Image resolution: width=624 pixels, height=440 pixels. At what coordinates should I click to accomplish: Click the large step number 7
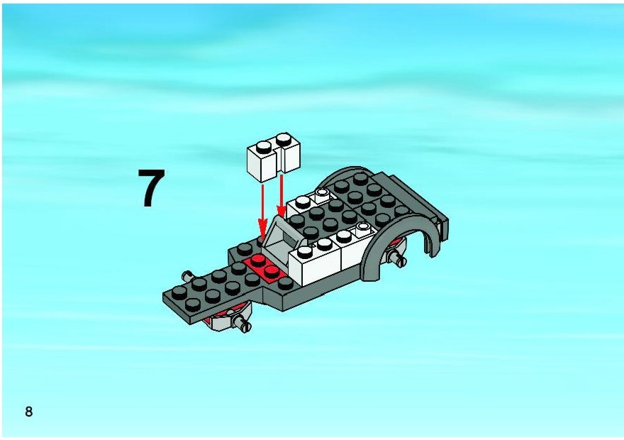point(151,188)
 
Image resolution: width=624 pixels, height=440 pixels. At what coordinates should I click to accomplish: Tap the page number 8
point(28,412)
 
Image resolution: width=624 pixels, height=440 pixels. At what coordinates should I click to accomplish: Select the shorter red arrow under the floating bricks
point(282,195)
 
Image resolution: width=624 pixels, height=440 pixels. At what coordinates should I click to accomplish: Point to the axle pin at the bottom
point(241,324)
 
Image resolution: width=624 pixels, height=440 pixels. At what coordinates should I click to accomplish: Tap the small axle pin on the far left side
point(187,275)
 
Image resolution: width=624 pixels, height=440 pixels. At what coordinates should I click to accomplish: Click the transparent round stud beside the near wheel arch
point(363,227)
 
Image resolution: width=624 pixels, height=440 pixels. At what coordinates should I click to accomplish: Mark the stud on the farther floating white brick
point(284,139)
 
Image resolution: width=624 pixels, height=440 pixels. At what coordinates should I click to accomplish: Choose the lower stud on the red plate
point(272,271)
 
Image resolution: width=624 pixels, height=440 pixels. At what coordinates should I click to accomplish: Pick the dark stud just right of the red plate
point(285,282)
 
